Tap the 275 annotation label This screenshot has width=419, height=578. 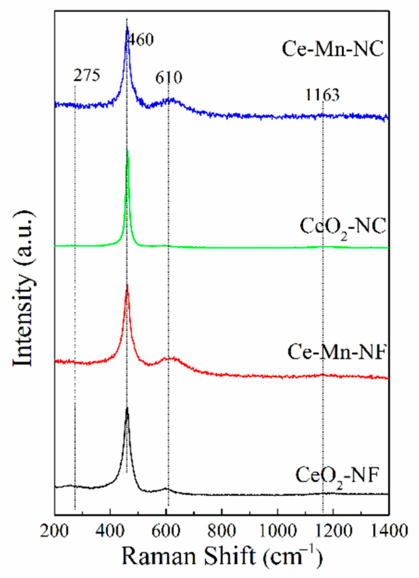pyautogui.click(x=87, y=75)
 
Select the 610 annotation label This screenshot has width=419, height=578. pyautogui.click(x=169, y=78)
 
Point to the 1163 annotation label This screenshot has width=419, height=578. pyautogui.click(x=322, y=95)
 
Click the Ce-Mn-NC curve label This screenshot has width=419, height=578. pyautogui.click(x=333, y=49)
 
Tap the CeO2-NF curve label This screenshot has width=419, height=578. pyautogui.click(x=336, y=475)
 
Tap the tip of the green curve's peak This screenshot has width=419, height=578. pyautogui.click(x=127, y=151)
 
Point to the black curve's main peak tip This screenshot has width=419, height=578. pyautogui.click(x=127, y=408)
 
